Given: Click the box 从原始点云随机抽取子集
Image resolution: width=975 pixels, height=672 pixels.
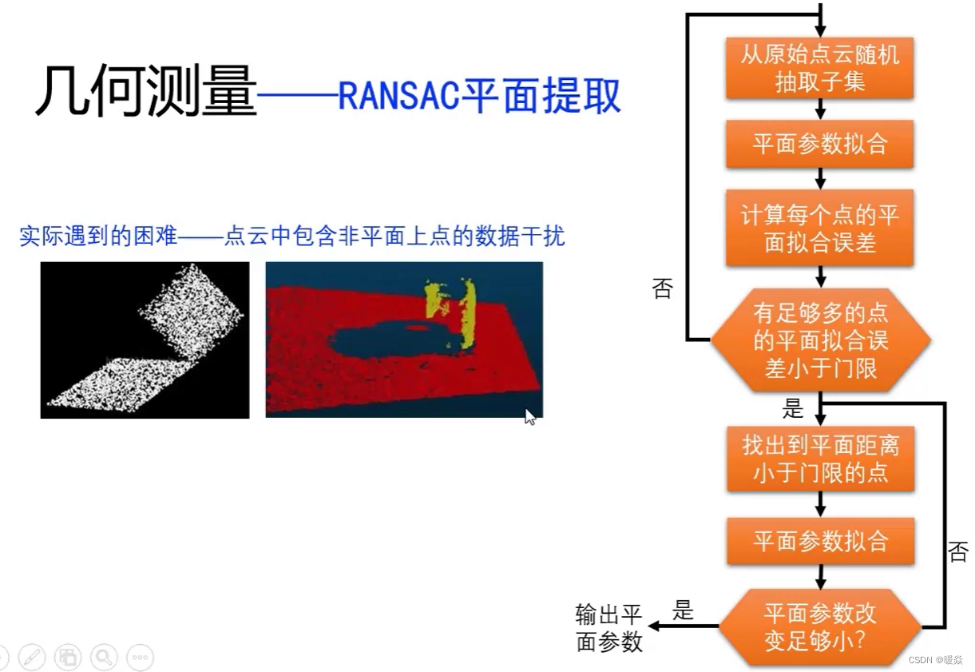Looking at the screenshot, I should pos(819,69).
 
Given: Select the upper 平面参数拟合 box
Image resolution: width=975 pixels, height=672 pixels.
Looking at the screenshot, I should pos(819,145).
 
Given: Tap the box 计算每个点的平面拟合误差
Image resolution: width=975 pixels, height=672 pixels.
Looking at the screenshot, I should pos(819,228).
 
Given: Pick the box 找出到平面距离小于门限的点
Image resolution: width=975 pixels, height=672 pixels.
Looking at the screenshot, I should pos(820,458).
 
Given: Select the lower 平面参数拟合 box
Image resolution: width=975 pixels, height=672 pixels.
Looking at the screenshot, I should pos(820,541).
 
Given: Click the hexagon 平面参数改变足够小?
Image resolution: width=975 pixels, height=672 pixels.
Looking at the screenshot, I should pos(820,626).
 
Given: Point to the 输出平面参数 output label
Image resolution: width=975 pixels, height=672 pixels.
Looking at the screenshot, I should pos(609,628).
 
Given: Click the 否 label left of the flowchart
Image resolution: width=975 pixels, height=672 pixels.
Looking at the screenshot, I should pos(663,288).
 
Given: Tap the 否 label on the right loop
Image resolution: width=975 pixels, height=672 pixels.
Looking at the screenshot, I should pos(958,551).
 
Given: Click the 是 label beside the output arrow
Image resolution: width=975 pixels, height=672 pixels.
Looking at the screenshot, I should pos(684,611).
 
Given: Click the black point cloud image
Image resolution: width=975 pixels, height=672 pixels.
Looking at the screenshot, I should pos(145,340).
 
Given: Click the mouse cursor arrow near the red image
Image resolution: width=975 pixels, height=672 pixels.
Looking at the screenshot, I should pos(529,416).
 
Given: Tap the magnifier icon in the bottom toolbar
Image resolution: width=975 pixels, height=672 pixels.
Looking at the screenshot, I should pos(104,658).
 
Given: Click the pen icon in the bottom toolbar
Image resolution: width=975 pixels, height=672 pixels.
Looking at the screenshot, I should pos(32,658).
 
